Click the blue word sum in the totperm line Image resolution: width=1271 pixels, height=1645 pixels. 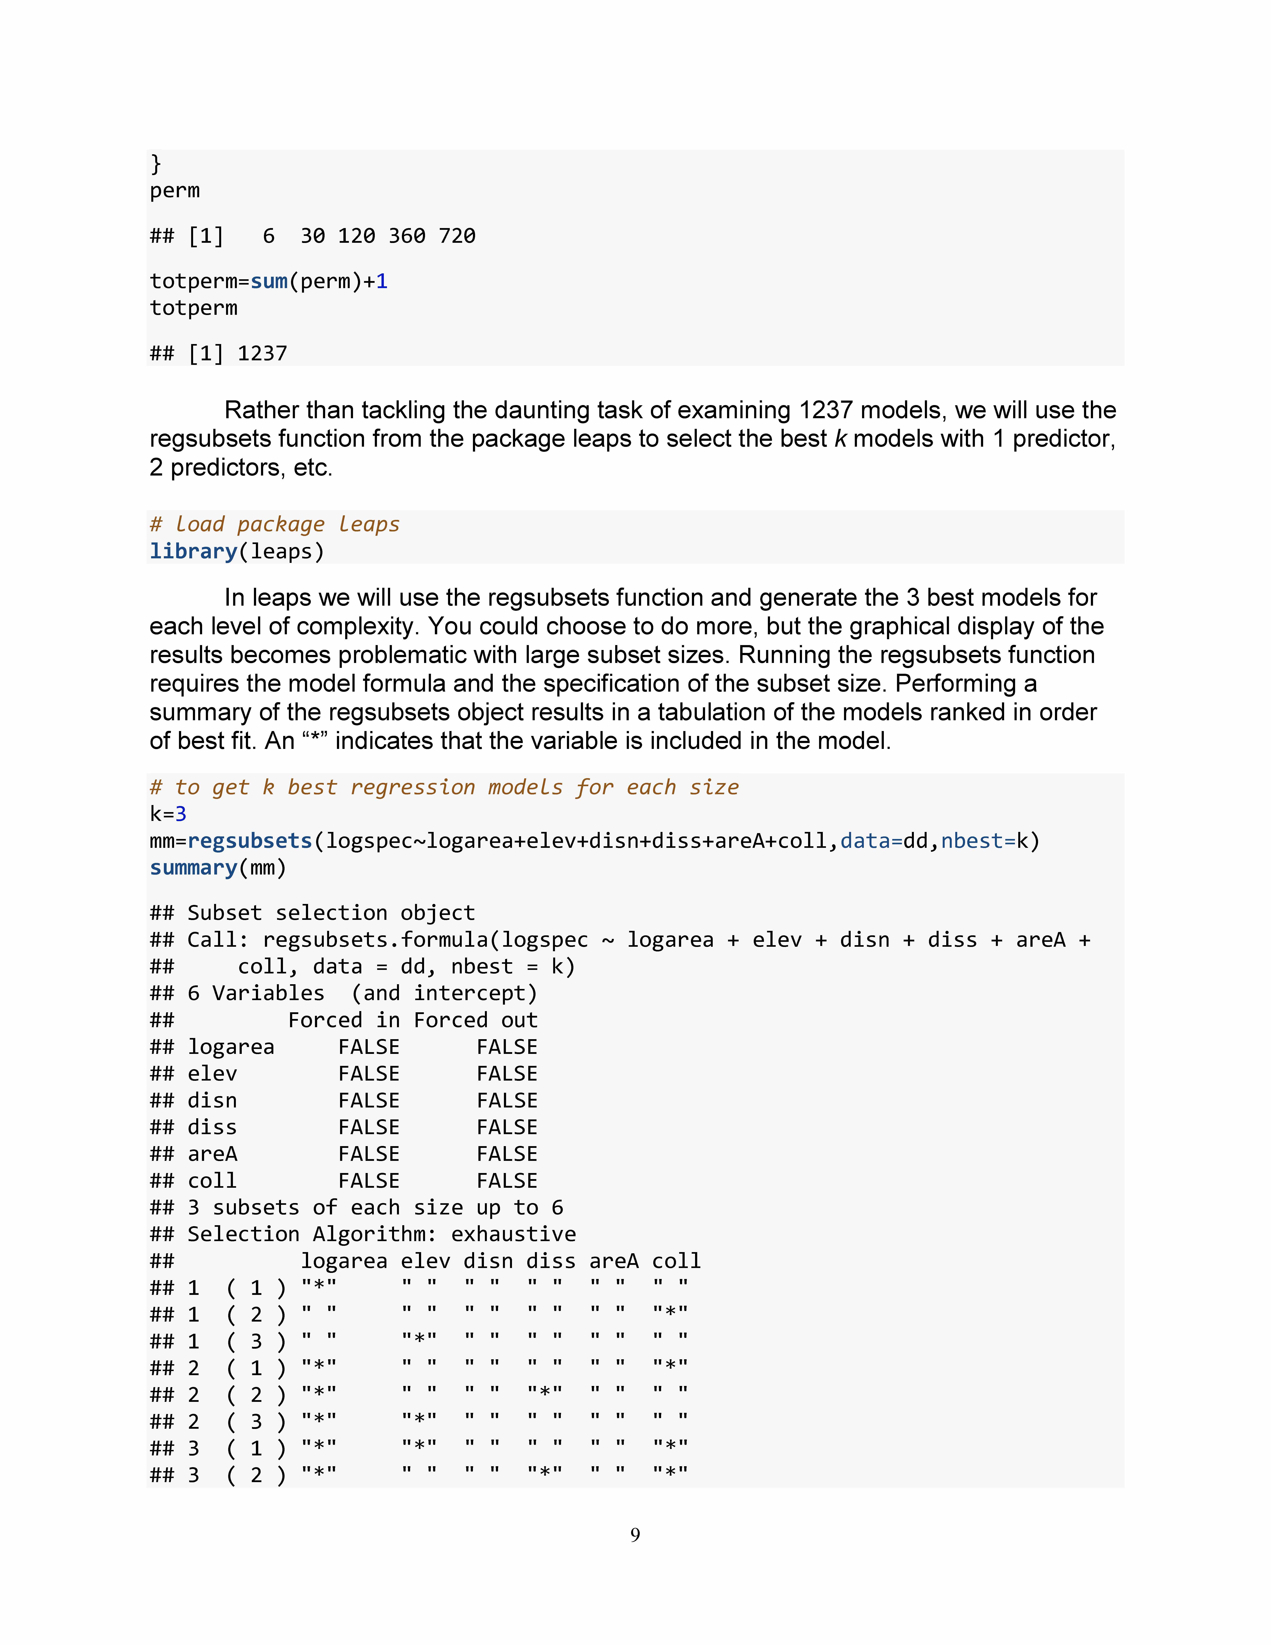(269, 282)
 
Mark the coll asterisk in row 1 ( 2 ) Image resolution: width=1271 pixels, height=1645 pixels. (670, 1314)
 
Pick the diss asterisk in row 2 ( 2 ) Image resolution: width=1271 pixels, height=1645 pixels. (544, 1395)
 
